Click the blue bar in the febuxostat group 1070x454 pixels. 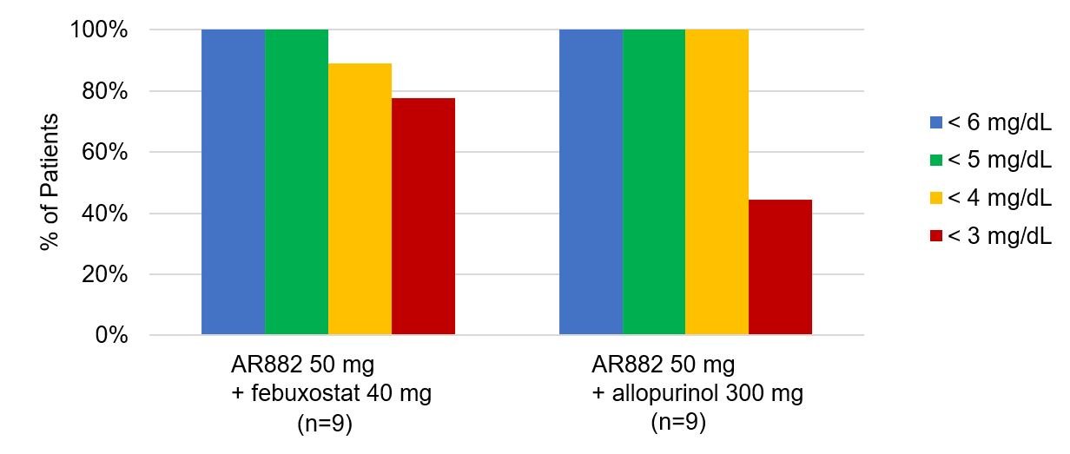pyautogui.click(x=233, y=182)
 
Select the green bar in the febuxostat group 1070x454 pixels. pyautogui.click(x=296, y=182)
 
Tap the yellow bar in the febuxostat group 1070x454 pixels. pyautogui.click(x=360, y=199)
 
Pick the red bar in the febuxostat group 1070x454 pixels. pyautogui.click(x=423, y=216)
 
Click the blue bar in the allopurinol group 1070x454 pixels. pyautogui.click(x=591, y=182)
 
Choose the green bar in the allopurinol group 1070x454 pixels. pyautogui.click(x=654, y=182)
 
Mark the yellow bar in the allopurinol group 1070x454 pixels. pyautogui.click(x=717, y=182)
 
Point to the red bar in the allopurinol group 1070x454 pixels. pyautogui.click(x=780, y=267)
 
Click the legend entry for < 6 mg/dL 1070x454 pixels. pyautogui.click(x=990, y=123)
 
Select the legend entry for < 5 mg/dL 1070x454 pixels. pyautogui.click(x=990, y=161)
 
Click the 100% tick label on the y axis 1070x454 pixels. pyautogui.click(x=99, y=30)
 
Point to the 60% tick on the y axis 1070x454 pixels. pyautogui.click(x=104, y=153)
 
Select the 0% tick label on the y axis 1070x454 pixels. pyautogui.click(x=110, y=336)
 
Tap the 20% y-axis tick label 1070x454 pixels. pyautogui.click(x=104, y=275)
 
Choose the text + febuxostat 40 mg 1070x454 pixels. pyautogui.click(x=331, y=393)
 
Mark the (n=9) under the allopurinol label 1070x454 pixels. pyautogui.click(x=678, y=423)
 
